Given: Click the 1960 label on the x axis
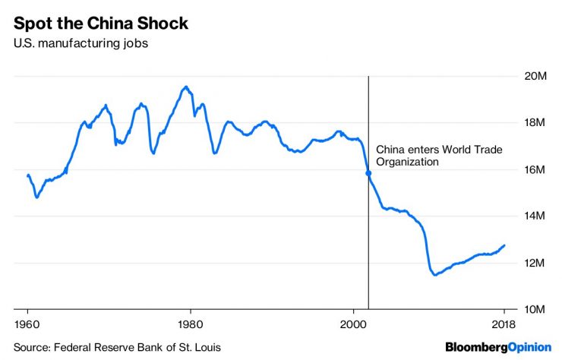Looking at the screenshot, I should pos(27,324).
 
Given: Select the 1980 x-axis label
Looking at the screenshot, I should pos(191,324).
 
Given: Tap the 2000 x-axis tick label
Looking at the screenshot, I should pos(353,324).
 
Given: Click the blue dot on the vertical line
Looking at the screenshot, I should pos(368,173).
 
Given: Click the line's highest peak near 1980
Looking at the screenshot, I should pos(185,87).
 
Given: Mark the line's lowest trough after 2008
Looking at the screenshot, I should pos(434,274).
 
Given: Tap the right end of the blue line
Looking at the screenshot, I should pos(504,245).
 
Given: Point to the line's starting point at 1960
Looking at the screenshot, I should pos(28,175).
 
